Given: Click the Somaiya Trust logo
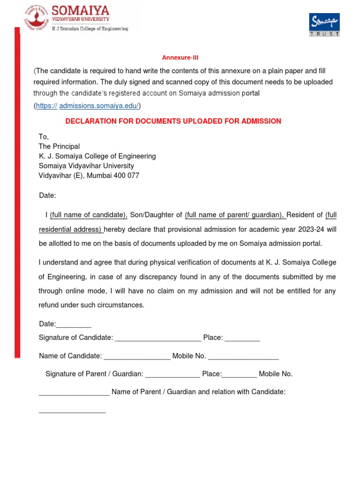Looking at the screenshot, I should point(324,24).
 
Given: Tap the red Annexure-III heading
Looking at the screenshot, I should point(177,58).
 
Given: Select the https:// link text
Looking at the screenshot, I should point(46,106).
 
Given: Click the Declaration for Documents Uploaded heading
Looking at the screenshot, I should point(173,121).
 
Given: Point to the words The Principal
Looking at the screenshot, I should point(59,146).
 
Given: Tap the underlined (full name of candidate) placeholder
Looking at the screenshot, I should point(89,215).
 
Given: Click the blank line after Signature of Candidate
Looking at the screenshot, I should point(158,338).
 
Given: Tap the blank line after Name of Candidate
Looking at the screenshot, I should point(137,356).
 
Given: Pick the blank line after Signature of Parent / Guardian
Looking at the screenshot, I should point(172,374).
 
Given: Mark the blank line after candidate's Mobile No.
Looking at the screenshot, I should point(243,356).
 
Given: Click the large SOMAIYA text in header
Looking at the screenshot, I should point(81,10).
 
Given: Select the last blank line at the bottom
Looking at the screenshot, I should point(72,411).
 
